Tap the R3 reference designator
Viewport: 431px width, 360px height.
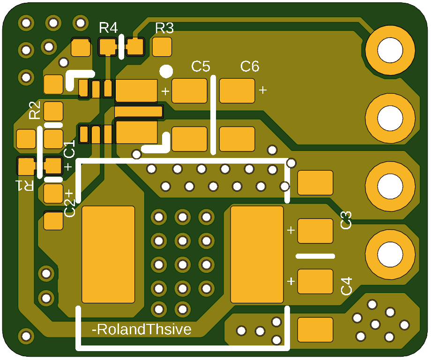click(x=164, y=28)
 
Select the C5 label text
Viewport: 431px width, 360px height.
click(x=201, y=67)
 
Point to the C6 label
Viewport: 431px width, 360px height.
click(x=250, y=67)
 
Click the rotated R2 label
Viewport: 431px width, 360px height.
click(x=35, y=110)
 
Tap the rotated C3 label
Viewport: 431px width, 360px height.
click(x=346, y=220)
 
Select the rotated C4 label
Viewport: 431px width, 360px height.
click(x=346, y=286)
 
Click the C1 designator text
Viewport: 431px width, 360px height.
click(x=69, y=150)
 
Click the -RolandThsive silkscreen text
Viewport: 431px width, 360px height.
click(x=142, y=330)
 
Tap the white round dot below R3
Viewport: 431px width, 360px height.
click(x=166, y=71)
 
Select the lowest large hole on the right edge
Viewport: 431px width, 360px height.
click(x=390, y=254)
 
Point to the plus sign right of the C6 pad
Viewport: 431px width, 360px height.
click(x=263, y=90)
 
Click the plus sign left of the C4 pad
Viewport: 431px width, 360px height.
click(x=291, y=281)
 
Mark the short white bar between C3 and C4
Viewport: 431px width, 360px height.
click(x=315, y=256)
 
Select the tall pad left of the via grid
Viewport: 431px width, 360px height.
click(x=109, y=255)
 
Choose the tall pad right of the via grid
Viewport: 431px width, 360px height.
click(x=257, y=255)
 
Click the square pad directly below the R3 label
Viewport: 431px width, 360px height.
click(x=163, y=47)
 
